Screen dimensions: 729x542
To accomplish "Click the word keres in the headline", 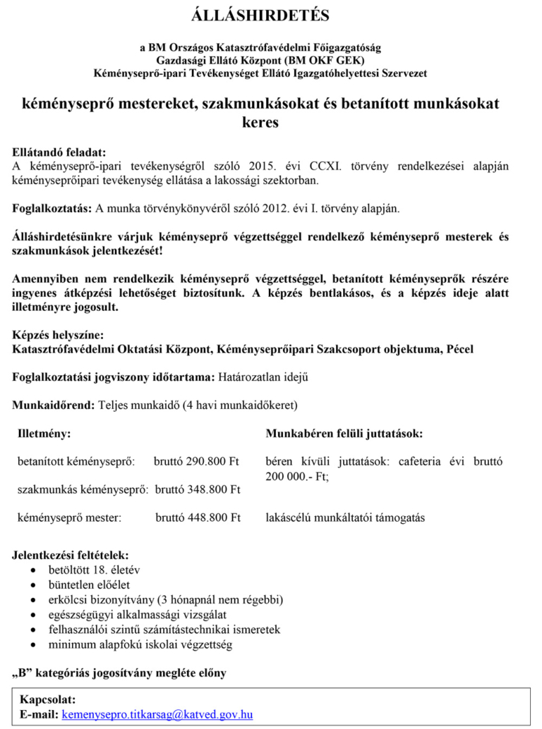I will [260, 122].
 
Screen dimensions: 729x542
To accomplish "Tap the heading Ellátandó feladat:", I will [60, 152].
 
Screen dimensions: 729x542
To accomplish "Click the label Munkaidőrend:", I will [54, 405].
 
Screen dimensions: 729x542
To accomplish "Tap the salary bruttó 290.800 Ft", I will [197, 462].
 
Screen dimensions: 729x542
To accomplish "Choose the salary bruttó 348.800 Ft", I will [198, 489].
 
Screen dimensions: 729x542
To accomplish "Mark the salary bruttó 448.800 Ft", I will [198, 517].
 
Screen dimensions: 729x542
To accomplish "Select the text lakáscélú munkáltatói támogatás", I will [345, 517].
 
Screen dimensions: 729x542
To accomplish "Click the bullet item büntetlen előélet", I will [89, 585].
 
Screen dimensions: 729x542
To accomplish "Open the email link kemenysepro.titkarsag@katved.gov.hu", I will [157, 714].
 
